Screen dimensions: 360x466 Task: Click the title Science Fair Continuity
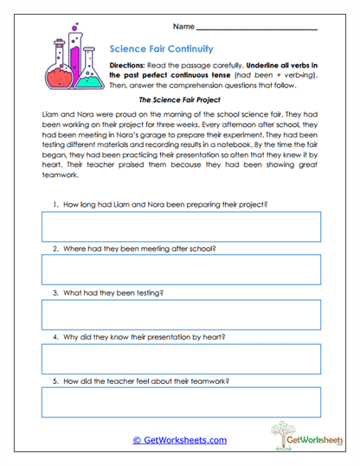(162, 49)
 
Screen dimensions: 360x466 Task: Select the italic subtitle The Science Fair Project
(179, 100)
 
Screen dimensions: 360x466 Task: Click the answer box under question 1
(180, 227)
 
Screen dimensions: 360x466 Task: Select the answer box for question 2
(180, 271)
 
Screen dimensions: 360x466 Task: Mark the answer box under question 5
(180, 402)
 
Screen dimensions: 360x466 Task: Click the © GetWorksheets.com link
(179, 440)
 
